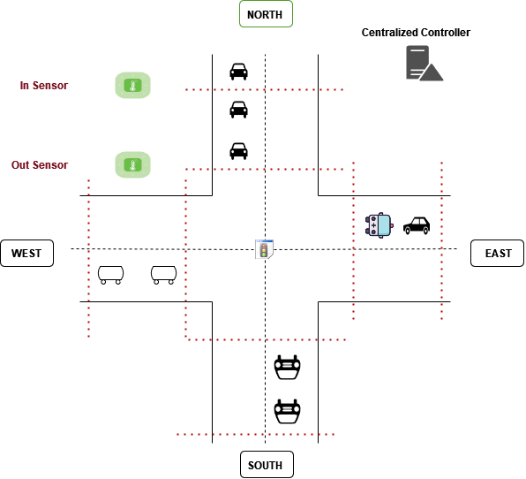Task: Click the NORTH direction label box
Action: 266,14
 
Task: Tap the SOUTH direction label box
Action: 267,465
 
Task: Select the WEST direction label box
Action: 26,254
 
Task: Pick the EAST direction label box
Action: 497,254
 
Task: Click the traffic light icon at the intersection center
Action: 265,249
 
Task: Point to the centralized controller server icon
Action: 425,63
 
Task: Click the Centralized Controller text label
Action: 416,32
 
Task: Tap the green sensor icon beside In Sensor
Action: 133,86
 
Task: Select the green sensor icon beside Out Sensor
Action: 133,165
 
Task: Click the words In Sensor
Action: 44,86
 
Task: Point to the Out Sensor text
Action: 40,165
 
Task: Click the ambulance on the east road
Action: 379,225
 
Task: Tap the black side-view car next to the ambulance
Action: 417,225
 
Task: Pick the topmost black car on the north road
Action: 238,72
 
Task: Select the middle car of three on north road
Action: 238,110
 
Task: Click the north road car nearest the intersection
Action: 238,151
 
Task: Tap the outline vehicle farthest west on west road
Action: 110,275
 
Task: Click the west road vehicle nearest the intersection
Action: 163,275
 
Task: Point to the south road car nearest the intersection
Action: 287,367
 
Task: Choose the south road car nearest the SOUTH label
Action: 287,411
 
